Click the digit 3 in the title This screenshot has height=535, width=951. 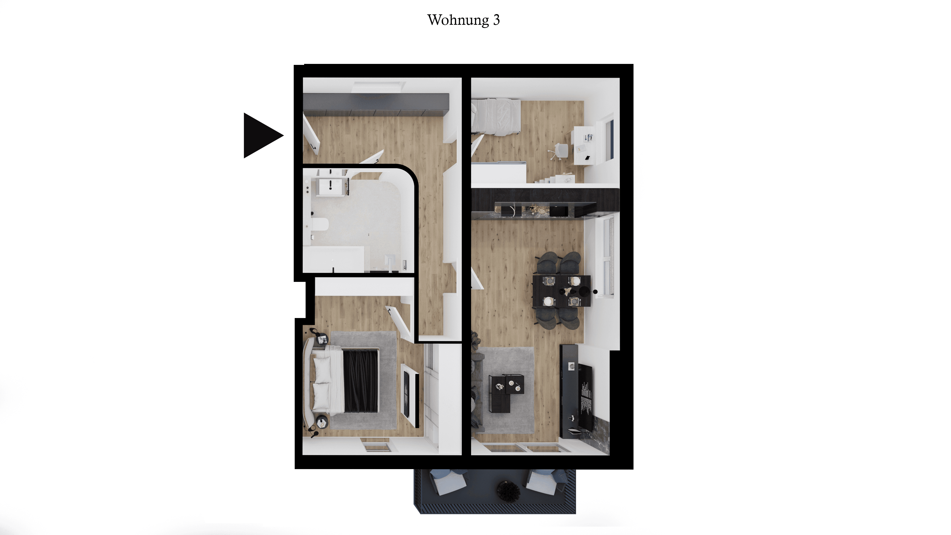pyautogui.click(x=497, y=20)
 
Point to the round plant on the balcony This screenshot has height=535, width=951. pyautogui.click(x=508, y=491)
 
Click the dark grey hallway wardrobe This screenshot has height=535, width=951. pyautogui.click(x=376, y=104)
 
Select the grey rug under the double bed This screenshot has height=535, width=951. pyautogui.click(x=364, y=380)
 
